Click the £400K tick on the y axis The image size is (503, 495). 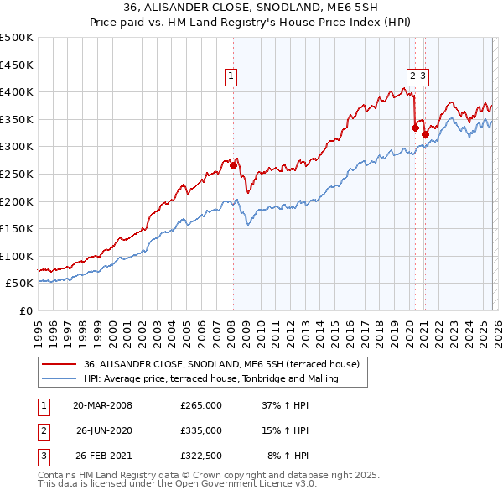[17, 91]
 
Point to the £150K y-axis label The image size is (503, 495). [17, 228]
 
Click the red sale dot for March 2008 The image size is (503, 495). [233, 166]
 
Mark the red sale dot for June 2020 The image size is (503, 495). [415, 128]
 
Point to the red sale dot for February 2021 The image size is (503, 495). [425, 134]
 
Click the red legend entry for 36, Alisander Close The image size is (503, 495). [221, 364]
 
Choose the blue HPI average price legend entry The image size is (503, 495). [210, 378]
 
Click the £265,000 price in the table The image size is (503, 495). [201, 404]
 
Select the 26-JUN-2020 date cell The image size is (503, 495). [104, 430]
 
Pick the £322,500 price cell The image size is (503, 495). [201, 456]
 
